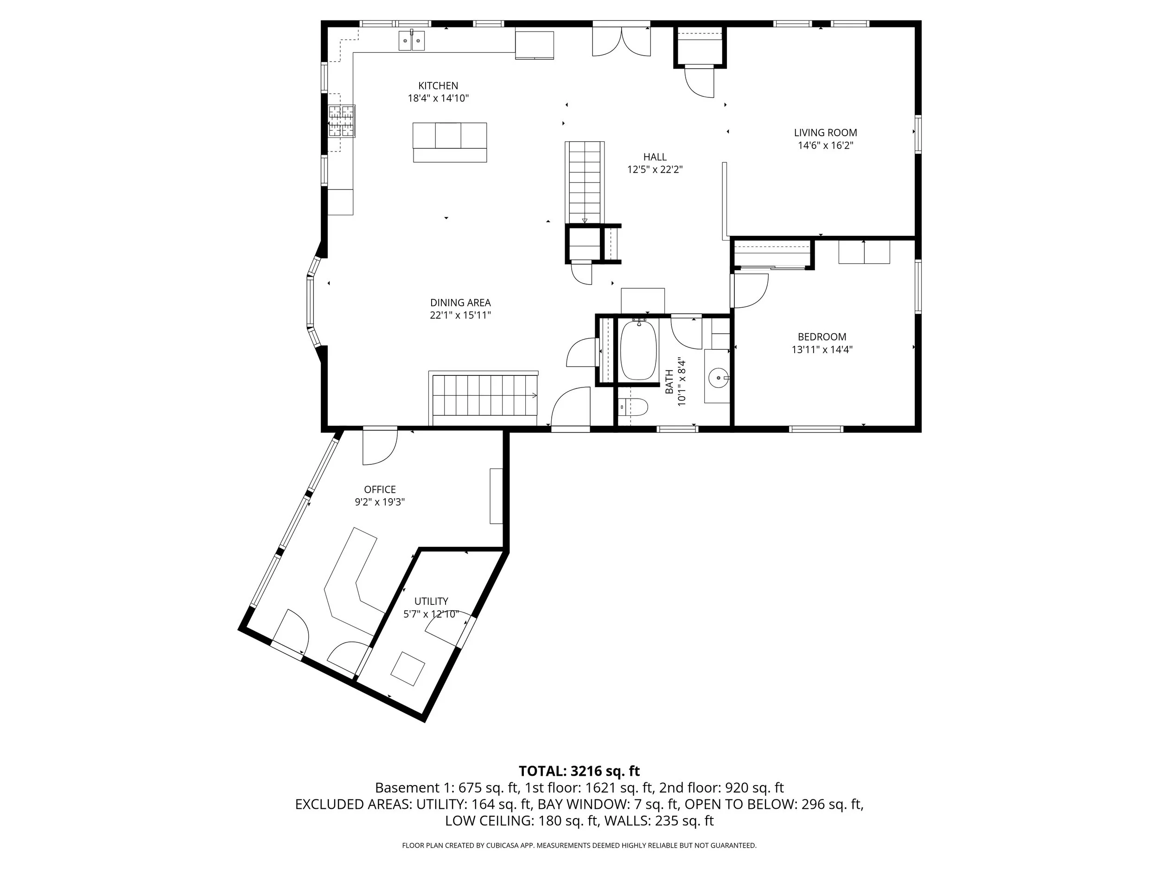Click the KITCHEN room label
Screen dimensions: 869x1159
[438, 85]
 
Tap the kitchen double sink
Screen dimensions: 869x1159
[411, 40]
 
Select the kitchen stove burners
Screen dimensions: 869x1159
[342, 121]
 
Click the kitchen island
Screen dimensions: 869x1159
[450, 142]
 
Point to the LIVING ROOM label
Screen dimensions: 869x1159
[825, 133]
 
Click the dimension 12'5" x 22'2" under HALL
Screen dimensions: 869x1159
[655, 169]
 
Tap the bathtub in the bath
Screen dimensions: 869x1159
[638, 350]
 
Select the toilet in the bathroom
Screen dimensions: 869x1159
[634, 406]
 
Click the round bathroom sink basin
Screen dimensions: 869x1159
[717, 377]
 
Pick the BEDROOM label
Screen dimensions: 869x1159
[821, 337]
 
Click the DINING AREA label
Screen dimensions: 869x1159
[460, 302]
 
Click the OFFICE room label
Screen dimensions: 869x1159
[379, 489]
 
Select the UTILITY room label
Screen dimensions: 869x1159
[431, 601]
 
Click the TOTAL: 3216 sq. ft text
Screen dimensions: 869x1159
[579, 771]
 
